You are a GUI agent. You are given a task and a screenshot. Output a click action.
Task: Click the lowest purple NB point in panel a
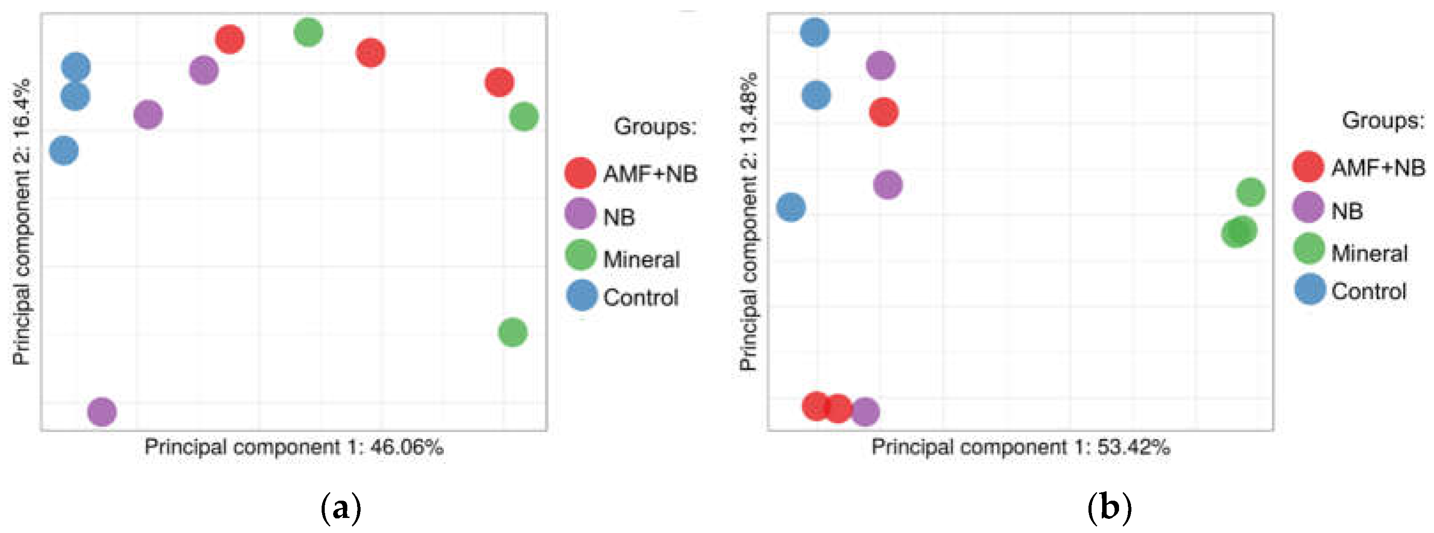102,412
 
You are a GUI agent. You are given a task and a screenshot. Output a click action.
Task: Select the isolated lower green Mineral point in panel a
512,332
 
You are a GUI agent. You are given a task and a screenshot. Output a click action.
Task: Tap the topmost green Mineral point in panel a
308,32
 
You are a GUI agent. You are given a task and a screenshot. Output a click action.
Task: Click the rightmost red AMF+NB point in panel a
499,82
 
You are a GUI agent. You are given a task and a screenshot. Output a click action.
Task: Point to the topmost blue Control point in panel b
814,32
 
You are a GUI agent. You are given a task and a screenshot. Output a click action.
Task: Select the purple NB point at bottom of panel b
865,412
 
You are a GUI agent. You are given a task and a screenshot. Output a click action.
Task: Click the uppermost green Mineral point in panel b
1250,192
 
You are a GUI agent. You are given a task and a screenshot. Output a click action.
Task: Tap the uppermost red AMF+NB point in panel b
883,112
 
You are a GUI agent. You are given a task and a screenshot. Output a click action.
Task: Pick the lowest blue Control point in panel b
790,208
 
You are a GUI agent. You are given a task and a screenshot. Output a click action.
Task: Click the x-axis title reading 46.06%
294,447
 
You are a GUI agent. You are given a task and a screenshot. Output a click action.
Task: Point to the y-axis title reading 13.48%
748,223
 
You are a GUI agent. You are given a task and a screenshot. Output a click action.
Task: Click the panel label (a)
341,508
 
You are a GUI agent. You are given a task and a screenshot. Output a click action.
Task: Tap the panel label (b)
1109,508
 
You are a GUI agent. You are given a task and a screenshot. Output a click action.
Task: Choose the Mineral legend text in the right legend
1369,254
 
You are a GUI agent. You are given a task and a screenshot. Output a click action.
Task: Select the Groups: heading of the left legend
655,127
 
